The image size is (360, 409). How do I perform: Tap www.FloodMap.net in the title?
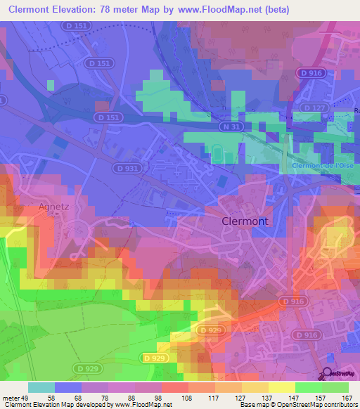pos(215,9)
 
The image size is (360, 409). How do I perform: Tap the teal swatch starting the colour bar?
pos(41,387)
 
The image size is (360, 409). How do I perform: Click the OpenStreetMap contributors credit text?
pos(319,405)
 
